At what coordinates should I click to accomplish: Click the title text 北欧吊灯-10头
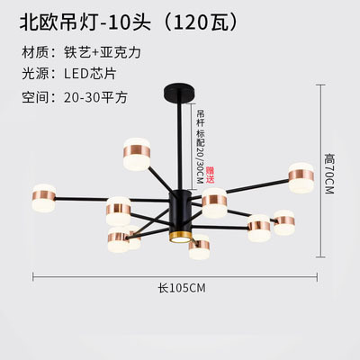tap(85, 23)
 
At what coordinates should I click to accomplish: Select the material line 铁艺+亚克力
tap(103, 52)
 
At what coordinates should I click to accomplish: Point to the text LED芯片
tap(90, 74)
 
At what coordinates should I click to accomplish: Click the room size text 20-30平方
tap(95, 97)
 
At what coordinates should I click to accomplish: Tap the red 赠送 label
tap(211, 175)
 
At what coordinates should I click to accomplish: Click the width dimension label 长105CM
tap(182, 288)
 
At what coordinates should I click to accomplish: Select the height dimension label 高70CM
tap(329, 174)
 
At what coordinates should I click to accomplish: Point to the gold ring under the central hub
tap(179, 236)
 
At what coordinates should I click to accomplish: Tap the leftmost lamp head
tap(44, 198)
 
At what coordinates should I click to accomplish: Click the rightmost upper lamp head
tap(301, 177)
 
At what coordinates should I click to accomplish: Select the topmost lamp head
tap(137, 154)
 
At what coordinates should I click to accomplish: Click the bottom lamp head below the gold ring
tap(199, 247)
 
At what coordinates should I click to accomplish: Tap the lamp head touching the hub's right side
tap(214, 202)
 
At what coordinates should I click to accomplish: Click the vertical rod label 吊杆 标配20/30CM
tap(200, 147)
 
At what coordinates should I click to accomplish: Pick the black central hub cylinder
tap(180, 211)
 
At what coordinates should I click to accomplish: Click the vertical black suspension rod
tap(180, 145)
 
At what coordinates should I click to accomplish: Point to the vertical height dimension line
tap(321, 171)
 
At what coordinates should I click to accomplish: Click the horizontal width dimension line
tap(175, 277)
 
